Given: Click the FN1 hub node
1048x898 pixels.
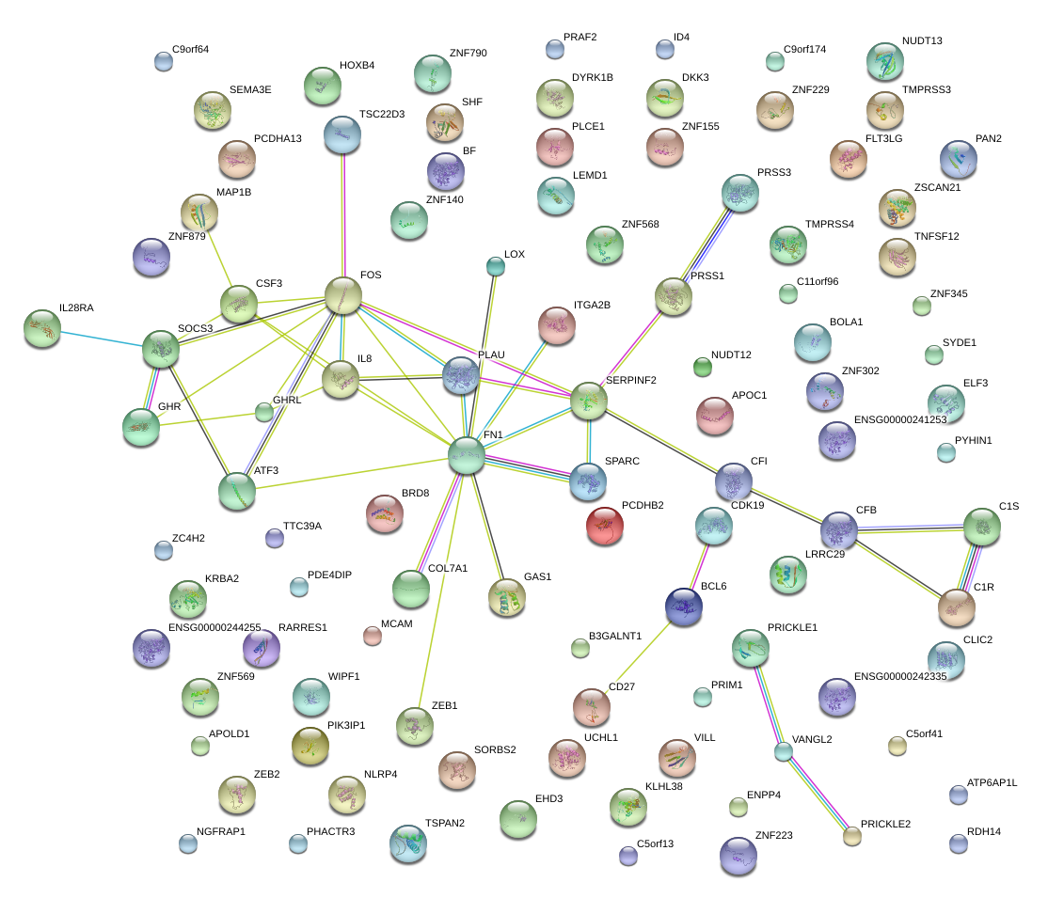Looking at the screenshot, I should pyautogui.click(x=466, y=455).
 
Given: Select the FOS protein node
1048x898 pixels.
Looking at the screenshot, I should pyautogui.click(x=343, y=295).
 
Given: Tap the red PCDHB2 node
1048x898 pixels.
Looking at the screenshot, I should pyautogui.click(x=604, y=526).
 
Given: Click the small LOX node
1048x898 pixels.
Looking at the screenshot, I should pyautogui.click(x=495, y=267).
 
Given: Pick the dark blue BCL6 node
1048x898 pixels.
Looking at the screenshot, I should pyautogui.click(x=684, y=607).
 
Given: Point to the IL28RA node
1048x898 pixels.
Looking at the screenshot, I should pyautogui.click(x=42, y=328).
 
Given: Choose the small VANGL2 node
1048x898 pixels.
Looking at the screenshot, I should pyautogui.click(x=783, y=751).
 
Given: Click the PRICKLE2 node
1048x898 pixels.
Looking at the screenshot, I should pyautogui.click(x=851, y=835).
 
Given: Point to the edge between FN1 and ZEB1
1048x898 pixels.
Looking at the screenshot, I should pyautogui.click(x=440, y=589).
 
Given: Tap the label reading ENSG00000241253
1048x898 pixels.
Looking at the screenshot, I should pyautogui.click(x=900, y=419).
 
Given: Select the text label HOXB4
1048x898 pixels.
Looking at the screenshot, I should pyautogui.click(x=357, y=66).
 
